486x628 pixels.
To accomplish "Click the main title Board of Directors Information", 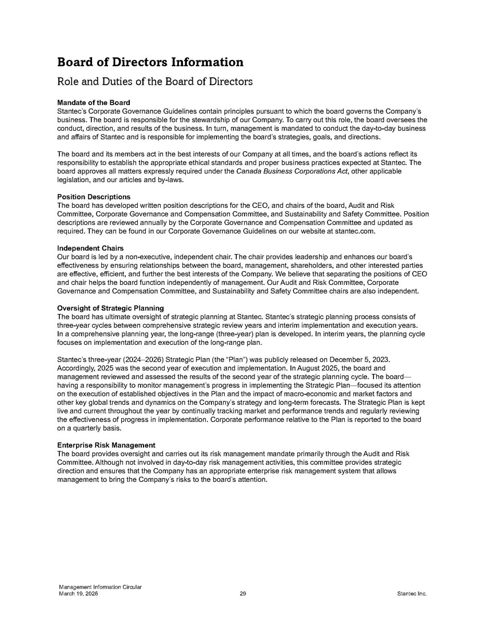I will (150, 62).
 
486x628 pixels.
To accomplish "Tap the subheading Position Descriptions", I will (94, 197).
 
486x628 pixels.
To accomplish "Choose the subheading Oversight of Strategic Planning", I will (111, 309).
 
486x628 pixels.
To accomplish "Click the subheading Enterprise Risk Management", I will (106, 445).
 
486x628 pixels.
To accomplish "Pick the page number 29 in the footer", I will (243, 594).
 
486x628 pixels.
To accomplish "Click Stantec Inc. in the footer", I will (412, 594).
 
